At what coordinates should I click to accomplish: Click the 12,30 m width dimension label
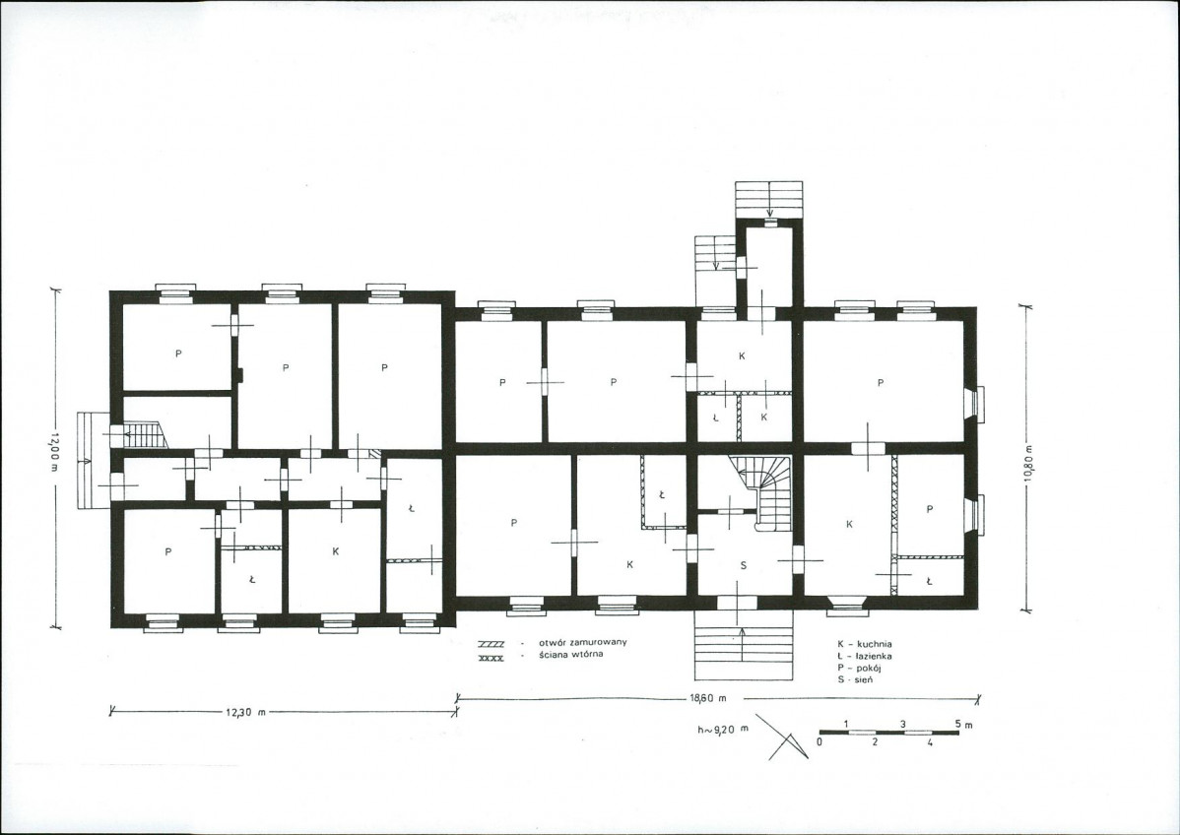tap(246, 712)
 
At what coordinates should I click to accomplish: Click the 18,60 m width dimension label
tap(708, 698)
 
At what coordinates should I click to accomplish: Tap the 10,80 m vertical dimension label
tap(1028, 467)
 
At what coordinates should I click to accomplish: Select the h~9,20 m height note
tap(723, 729)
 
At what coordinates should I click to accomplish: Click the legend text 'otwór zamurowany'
tap(582, 642)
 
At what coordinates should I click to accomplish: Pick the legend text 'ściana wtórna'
tap(571, 655)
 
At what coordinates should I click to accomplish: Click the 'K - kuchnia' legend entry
tap(865, 644)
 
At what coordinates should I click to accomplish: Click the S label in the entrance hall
tap(744, 566)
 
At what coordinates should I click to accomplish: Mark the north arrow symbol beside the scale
tap(783, 738)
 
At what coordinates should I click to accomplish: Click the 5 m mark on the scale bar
tap(963, 725)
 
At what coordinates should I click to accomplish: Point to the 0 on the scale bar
tap(819, 741)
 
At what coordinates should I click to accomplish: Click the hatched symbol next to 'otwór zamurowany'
tap(491, 644)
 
